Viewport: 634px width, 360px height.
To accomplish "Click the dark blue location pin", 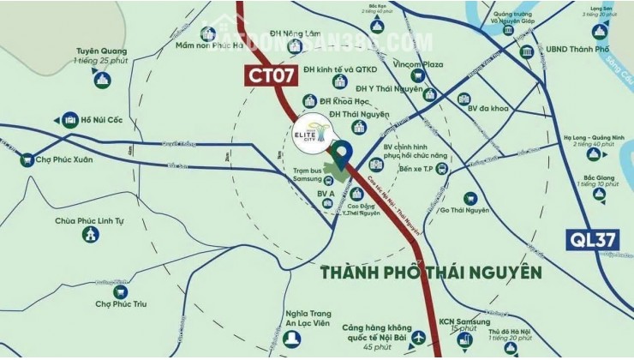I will pyautogui.click(x=342, y=154).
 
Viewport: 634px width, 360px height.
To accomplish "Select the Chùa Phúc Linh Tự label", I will pyautogui.click(x=90, y=221).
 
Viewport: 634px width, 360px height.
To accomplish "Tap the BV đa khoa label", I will pyautogui.click(x=491, y=99).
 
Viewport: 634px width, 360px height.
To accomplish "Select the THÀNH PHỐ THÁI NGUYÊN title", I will pyautogui.click(x=431, y=273).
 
